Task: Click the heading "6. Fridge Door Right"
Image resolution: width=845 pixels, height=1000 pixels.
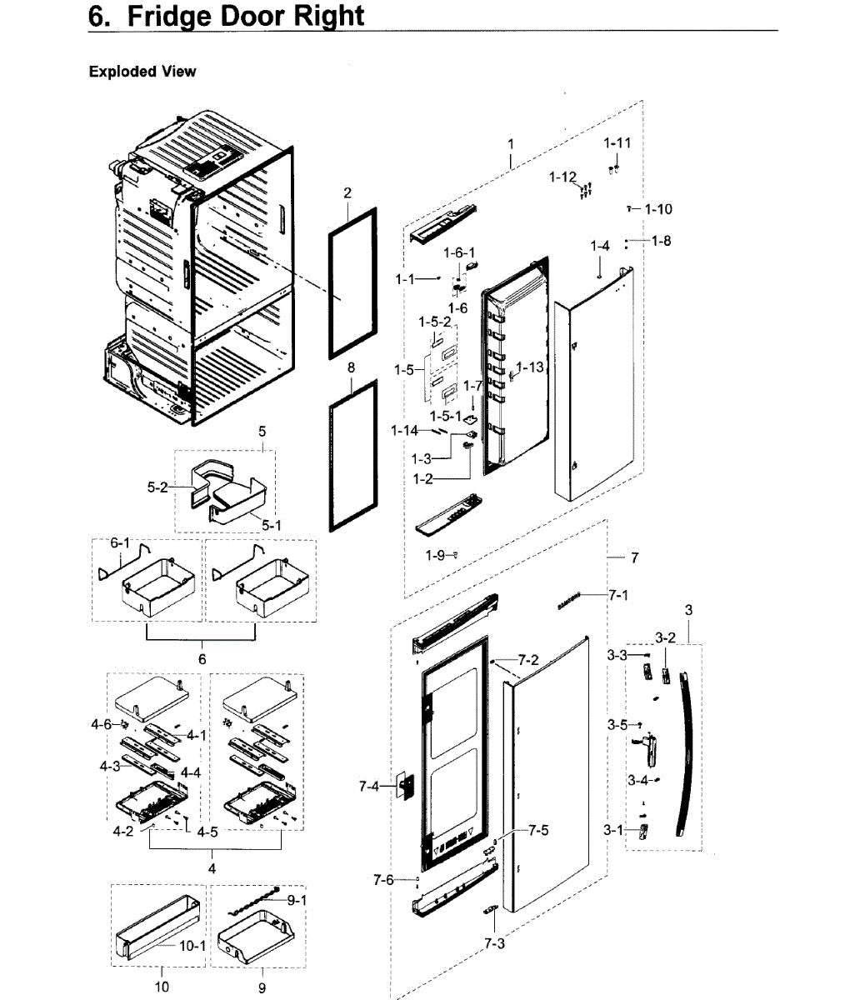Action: pos(227,16)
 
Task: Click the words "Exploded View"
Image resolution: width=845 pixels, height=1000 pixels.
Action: pos(142,72)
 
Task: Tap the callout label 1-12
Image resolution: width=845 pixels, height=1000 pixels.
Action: pos(562,177)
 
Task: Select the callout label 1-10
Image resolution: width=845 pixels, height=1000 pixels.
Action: pos(657,209)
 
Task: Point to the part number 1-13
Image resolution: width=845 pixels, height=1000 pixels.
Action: pos(530,367)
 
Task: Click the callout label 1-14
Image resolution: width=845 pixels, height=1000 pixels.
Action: pos(405,430)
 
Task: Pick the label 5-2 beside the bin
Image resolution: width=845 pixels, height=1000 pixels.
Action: pos(157,487)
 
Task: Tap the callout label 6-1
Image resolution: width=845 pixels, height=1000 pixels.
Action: pos(121,542)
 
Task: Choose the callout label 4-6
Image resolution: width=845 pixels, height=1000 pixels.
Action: pos(101,724)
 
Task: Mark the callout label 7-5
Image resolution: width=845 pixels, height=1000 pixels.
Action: pos(538,830)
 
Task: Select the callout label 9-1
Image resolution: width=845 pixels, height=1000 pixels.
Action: pos(297,900)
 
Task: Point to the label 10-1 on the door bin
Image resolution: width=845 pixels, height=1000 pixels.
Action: pos(192,946)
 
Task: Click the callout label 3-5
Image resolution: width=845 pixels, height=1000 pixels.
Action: pos(617,724)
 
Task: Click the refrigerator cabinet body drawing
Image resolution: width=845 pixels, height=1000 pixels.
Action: pos(200,275)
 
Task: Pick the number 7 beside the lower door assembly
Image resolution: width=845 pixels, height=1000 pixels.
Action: pos(634,557)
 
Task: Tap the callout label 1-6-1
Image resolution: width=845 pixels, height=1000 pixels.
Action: pos(458,252)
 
